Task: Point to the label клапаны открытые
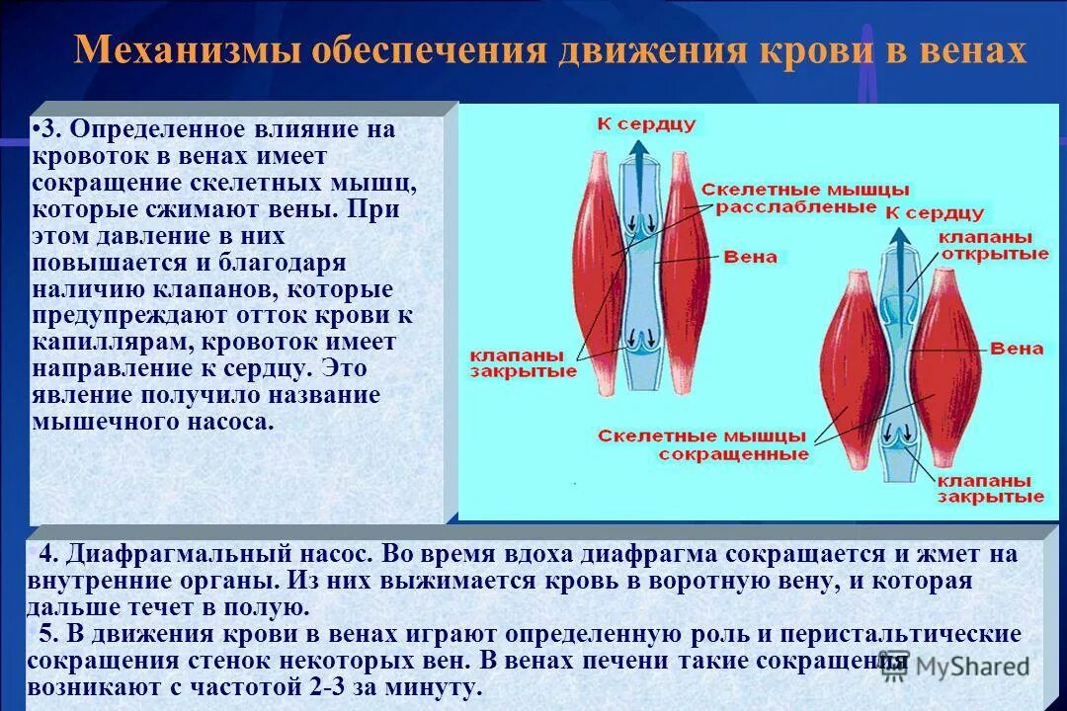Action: [992, 246]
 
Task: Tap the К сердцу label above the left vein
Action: [646, 123]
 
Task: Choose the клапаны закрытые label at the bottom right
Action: [990, 488]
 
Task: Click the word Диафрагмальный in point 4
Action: [205, 554]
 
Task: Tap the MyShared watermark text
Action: [972, 668]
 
